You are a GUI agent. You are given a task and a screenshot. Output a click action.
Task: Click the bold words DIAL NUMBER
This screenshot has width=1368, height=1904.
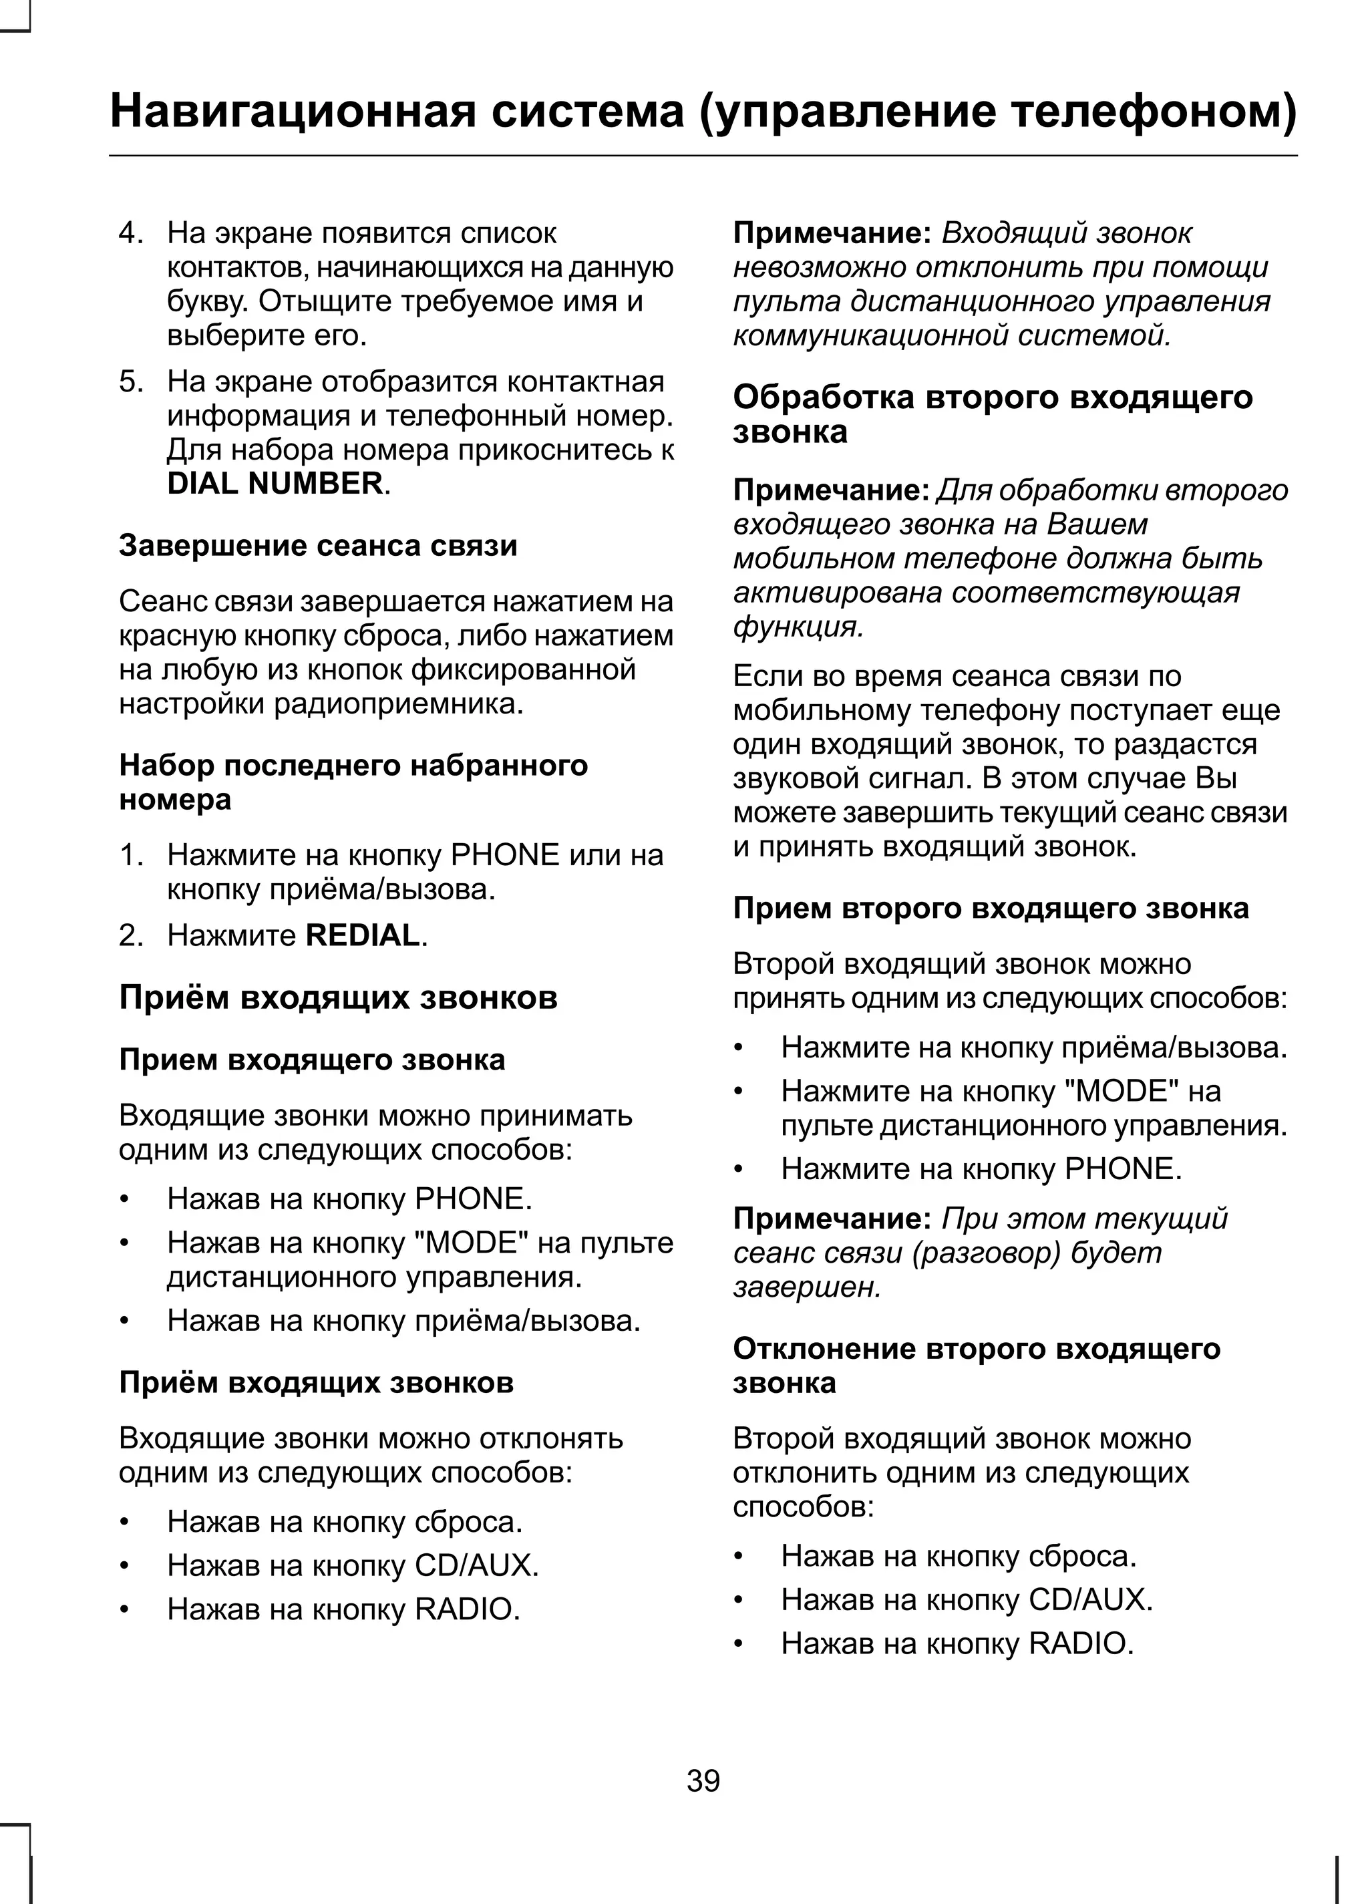(x=275, y=484)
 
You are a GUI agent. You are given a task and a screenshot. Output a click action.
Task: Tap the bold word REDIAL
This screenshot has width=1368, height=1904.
(x=363, y=935)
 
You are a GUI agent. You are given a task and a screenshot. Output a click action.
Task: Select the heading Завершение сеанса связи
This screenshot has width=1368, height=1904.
(x=318, y=546)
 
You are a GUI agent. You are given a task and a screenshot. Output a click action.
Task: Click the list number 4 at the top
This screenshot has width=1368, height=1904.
(x=130, y=232)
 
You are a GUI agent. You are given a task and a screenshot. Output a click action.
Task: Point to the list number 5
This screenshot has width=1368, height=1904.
(x=130, y=381)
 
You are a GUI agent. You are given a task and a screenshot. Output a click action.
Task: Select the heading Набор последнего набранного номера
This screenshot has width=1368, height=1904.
(x=353, y=781)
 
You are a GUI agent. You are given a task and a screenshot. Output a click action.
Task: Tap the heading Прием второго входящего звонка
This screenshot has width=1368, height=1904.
(x=991, y=909)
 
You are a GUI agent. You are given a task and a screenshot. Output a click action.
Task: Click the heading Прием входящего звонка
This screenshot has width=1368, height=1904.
(x=312, y=1060)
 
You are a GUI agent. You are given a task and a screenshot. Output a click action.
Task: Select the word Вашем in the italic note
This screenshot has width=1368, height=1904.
(x=1097, y=524)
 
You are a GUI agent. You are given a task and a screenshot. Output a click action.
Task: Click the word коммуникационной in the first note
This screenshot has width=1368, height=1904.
(x=871, y=336)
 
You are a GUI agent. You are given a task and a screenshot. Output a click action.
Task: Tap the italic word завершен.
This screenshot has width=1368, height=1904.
(x=806, y=1286)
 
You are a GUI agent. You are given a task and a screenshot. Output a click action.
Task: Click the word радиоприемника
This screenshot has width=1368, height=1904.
(x=399, y=703)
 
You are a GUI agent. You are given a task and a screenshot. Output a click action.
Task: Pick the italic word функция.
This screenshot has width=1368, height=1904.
(x=798, y=626)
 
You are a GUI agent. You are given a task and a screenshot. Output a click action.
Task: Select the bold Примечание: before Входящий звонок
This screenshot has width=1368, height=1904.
(x=832, y=232)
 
